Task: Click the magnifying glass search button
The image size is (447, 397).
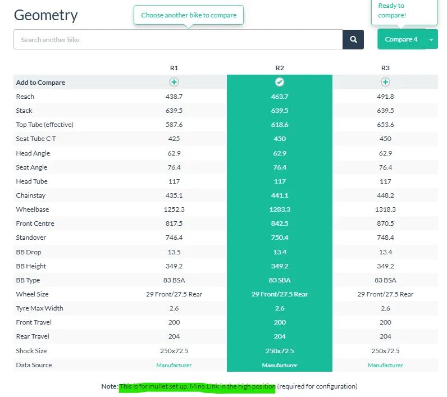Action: click(x=353, y=39)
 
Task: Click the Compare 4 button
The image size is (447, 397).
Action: click(x=401, y=39)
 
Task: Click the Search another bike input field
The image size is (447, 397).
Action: click(x=178, y=40)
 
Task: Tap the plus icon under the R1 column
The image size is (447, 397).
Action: click(x=174, y=82)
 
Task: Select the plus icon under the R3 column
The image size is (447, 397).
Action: click(x=385, y=82)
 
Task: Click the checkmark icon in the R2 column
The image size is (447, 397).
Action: click(x=280, y=82)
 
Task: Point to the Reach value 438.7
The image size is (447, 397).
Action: click(x=174, y=97)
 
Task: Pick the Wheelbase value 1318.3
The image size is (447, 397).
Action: click(x=385, y=209)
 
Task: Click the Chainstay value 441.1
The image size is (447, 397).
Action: click(x=280, y=195)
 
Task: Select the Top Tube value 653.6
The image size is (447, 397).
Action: click(x=385, y=125)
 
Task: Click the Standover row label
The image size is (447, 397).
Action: click(x=29, y=238)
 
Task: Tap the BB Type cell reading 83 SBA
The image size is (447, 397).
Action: click(x=280, y=280)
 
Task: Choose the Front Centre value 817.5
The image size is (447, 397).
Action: click(x=174, y=223)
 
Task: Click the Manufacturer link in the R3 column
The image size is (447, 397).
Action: click(x=385, y=365)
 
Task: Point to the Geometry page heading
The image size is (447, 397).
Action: click(x=45, y=15)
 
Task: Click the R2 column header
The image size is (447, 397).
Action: click(x=280, y=68)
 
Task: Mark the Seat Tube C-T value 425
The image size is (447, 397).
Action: click(x=174, y=139)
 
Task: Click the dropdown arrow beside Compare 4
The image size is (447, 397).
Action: click(x=431, y=40)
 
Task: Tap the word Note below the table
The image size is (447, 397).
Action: click(x=109, y=386)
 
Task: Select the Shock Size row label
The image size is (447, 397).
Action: click(x=31, y=351)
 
